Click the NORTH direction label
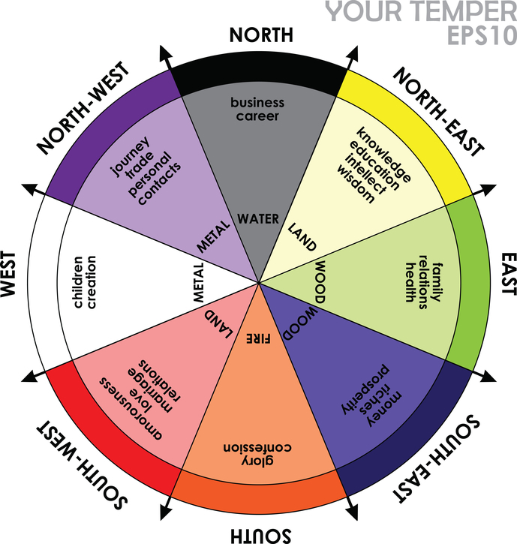pos(260,35)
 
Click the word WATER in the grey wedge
pos(259,219)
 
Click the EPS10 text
pos(480,36)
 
